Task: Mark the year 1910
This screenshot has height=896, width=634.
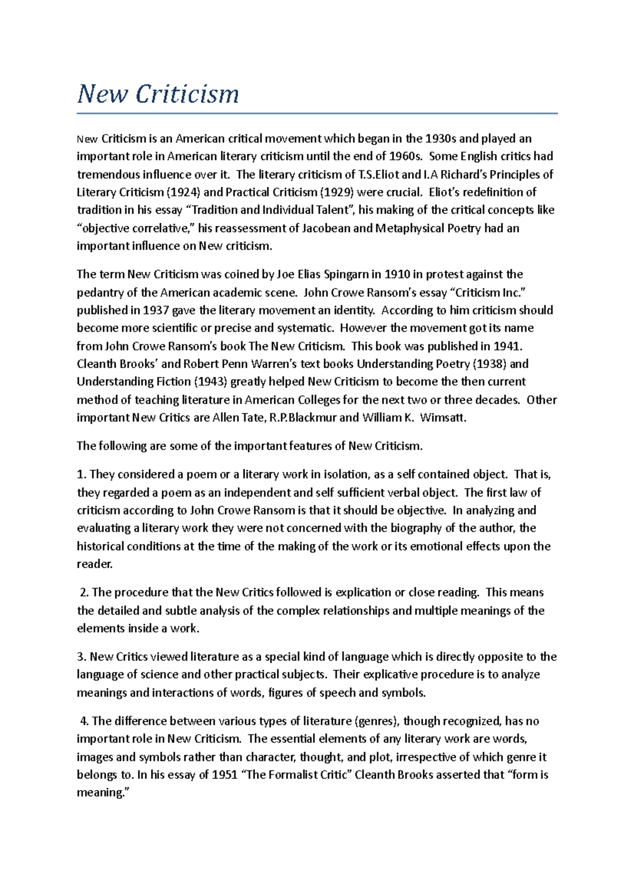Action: [396, 274]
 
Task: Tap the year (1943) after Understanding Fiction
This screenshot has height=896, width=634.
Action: [210, 382]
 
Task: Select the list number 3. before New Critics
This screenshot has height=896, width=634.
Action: [81, 657]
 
